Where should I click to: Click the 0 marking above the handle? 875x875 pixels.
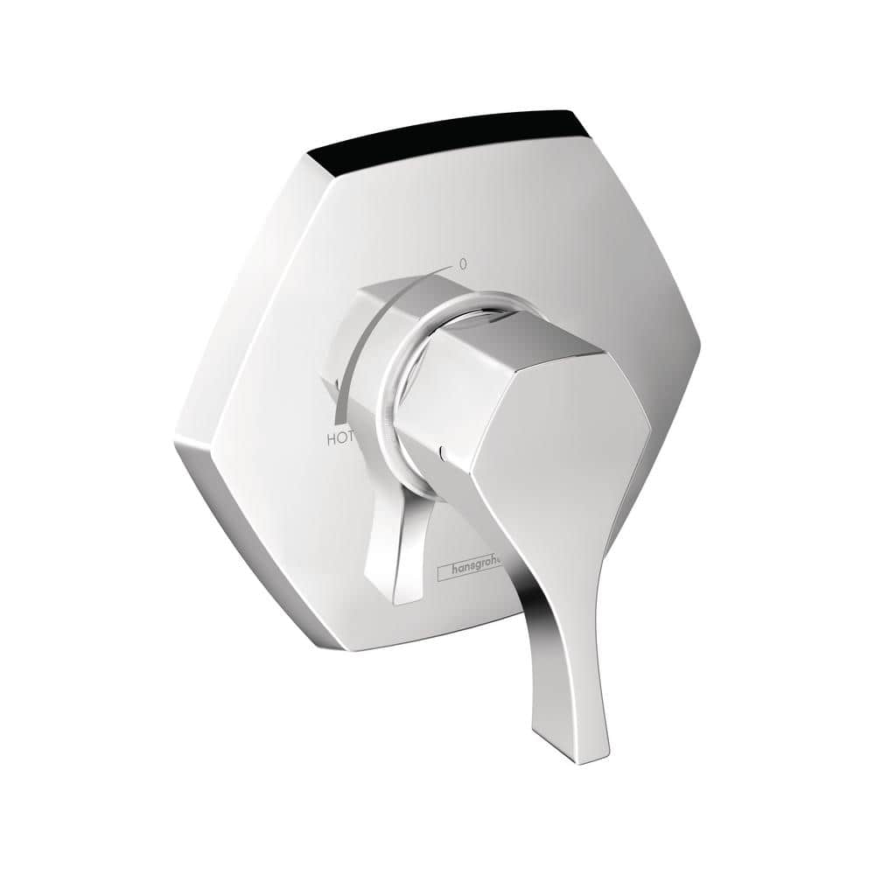click(x=463, y=262)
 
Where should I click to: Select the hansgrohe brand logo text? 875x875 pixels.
click(x=472, y=569)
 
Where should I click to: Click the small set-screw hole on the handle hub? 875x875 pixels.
click(x=444, y=453)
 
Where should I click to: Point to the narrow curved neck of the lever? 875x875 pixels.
click(x=538, y=604)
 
